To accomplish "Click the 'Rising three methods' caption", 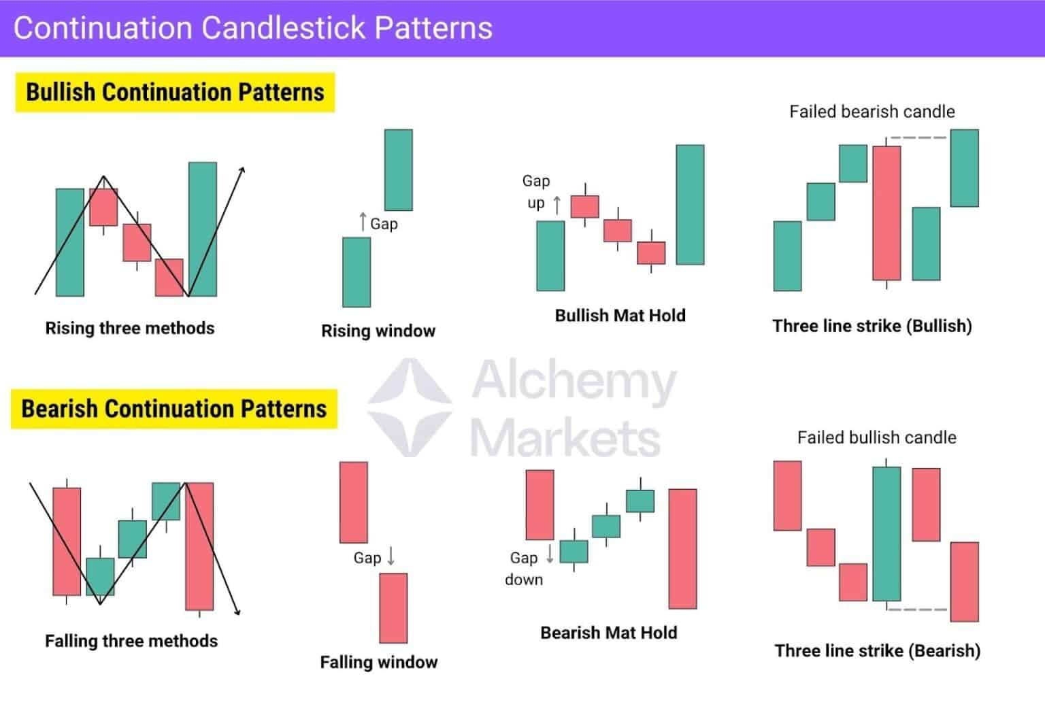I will tap(129, 328).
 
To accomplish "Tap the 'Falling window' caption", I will tap(378, 662).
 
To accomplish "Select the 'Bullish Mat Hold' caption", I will tap(620, 315).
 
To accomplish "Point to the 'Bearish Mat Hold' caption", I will tap(608, 633).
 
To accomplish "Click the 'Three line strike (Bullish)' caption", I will tap(872, 326).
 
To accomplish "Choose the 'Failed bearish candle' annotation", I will tap(872, 112).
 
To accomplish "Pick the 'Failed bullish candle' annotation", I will tap(876, 437).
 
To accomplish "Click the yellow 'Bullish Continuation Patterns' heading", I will tap(175, 93).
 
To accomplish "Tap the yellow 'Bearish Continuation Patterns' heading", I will tap(174, 409).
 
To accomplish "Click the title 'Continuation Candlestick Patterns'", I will tap(252, 29).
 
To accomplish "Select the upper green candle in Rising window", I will tap(398, 169).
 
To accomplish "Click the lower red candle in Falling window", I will tap(393, 608).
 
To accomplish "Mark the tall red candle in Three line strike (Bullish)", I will tap(886, 213).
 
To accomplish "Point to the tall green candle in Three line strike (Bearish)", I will tap(886, 534).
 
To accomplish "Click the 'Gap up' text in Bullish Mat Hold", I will tap(536, 192).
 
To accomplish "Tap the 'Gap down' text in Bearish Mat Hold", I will tap(524, 569).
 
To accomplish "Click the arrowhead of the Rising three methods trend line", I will tap(242, 169).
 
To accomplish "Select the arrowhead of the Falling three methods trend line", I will tap(238, 612).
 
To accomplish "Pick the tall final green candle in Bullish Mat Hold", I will tap(690, 205).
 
